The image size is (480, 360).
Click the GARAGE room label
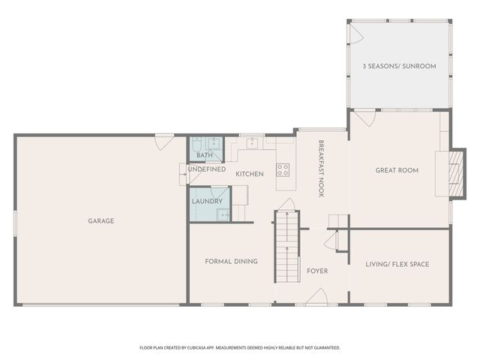tap(100, 220)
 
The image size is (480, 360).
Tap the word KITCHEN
tap(250, 174)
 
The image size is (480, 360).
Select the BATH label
tap(204, 155)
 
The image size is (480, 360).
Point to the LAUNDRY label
tap(206, 201)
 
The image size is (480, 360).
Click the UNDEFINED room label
tap(206, 169)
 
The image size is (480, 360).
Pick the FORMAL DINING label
tap(231, 261)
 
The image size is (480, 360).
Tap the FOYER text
tap(317, 271)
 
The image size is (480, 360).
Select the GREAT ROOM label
tap(397, 170)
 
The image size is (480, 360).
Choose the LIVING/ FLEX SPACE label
tap(397, 264)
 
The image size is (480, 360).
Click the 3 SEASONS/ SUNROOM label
tap(399, 66)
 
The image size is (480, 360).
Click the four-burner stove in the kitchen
tap(283, 169)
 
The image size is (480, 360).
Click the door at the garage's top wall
tap(164, 140)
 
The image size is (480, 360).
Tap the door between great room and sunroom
tap(364, 118)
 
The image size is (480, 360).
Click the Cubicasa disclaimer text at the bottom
tap(240, 348)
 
